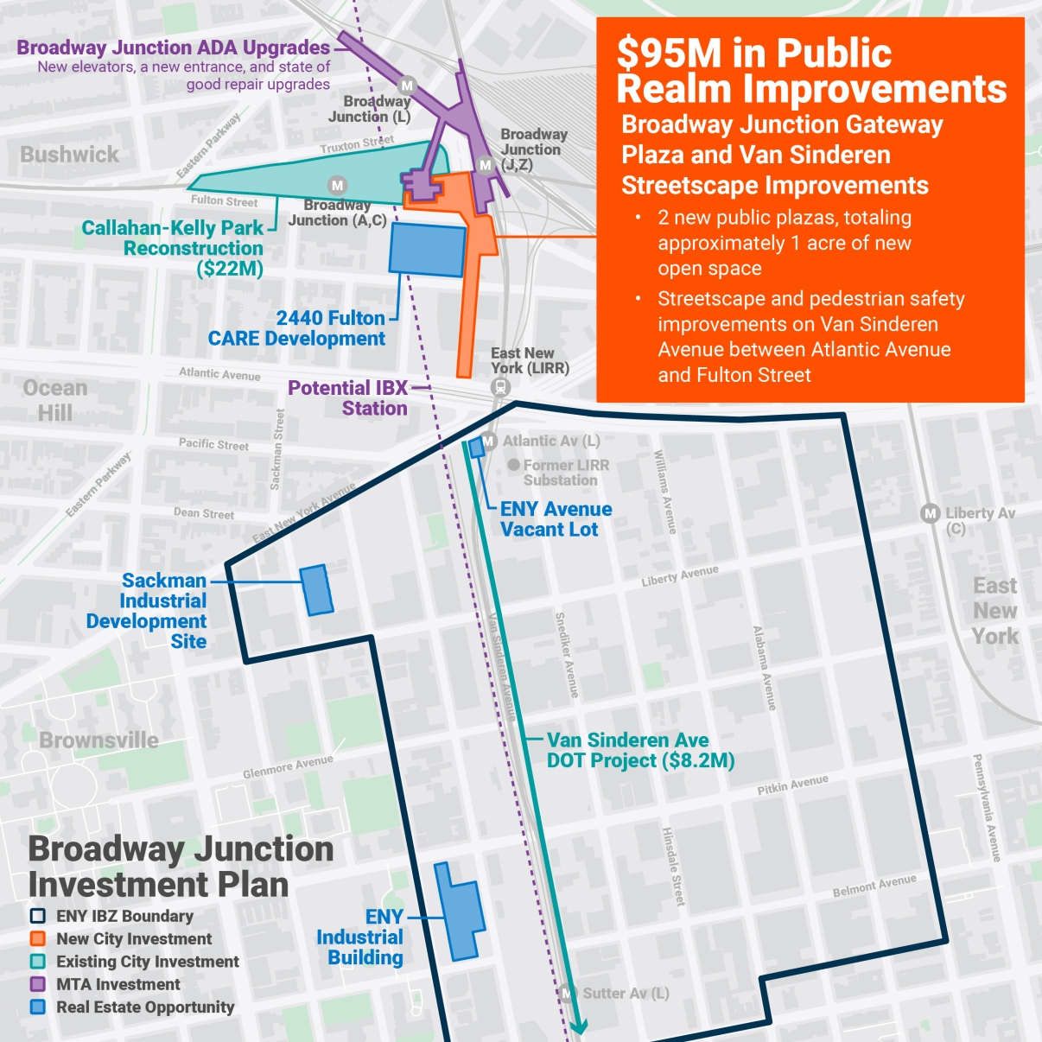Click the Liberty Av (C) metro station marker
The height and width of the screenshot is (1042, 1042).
click(x=930, y=513)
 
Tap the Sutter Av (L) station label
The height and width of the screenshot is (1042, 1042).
click(x=626, y=994)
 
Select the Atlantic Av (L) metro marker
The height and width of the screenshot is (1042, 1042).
click(x=488, y=442)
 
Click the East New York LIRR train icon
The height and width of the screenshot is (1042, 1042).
click(x=500, y=388)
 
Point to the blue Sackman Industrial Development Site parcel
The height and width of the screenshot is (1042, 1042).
click(x=316, y=590)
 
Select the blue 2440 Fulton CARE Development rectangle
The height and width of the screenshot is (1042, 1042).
click(x=428, y=249)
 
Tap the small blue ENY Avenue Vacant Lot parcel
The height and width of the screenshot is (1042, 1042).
click(x=476, y=448)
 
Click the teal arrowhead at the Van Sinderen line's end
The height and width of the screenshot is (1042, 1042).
click(x=578, y=1026)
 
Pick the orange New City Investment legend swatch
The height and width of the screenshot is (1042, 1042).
click(x=38, y=939)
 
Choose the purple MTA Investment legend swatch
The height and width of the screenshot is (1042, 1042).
click(x=38, y=984)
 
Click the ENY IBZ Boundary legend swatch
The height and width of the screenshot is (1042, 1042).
click(x=38, y=916)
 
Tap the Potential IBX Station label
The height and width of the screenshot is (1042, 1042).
click(x=347, y=398)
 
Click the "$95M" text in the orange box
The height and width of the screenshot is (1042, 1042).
click(x=669, y=54)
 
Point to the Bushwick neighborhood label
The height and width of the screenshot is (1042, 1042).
click(x=69, y=155)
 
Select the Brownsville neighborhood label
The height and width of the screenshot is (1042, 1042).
click(x=98, y=740)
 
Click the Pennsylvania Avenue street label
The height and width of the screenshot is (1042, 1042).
click(x=986, y=807)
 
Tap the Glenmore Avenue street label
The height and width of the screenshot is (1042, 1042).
click(x=288, y=766)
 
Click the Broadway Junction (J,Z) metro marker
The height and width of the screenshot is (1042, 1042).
click(x=486, y=165)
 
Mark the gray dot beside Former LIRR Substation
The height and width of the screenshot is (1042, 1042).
click(x=514, y=465)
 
